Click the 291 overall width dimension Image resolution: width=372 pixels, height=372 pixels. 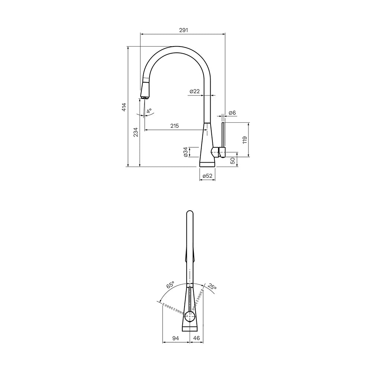[x=183, y=30]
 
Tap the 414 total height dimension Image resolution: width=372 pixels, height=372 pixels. [x=124, y=107]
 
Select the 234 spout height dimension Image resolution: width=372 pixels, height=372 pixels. [x=136, y=132]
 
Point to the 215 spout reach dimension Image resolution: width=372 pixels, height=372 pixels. [x=174, y=126]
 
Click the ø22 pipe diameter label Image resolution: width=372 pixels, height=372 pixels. [x=195, y=91]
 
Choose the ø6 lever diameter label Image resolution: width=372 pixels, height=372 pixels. [x=232, y=113]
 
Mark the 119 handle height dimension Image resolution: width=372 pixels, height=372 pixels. [x=245, y=140]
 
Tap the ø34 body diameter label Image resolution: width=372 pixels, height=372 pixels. [x=186, y=152]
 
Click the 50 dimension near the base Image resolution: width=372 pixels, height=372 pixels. [x=233, y=161]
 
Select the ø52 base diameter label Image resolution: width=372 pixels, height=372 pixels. [x=207, y=176]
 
